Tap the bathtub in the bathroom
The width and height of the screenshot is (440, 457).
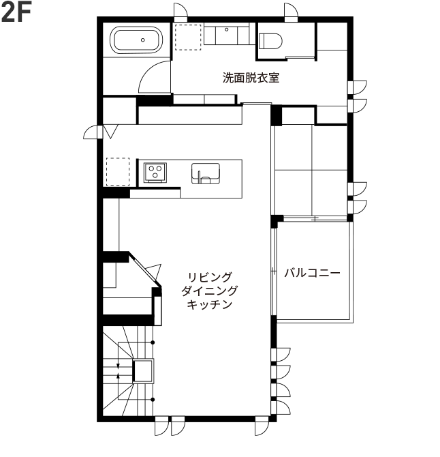136,40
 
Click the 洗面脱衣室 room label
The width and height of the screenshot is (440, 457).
251,77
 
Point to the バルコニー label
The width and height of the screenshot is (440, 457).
312,273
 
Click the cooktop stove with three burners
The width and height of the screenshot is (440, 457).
155,171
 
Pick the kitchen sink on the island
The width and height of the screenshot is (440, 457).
206,173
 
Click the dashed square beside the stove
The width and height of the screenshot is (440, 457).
117,171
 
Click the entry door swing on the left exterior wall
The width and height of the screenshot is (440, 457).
93,131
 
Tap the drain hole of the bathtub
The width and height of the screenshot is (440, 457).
142,40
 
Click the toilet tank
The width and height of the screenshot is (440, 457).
270,33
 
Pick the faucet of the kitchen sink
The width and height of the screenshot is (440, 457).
200,179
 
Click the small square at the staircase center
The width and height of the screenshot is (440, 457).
143,371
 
